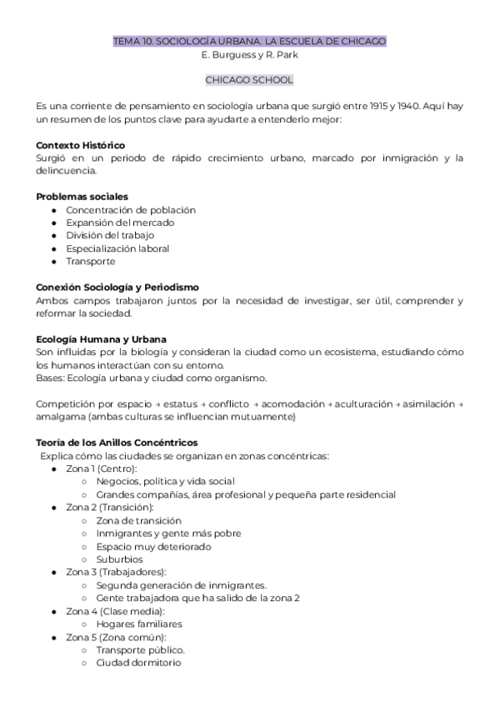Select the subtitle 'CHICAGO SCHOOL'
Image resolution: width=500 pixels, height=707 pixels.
click(249, 81)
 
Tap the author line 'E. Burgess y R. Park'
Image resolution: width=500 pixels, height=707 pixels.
click(249, 54)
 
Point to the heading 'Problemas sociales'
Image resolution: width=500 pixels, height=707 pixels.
click(82, 197)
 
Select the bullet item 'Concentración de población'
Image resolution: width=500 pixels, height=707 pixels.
click(131, 210)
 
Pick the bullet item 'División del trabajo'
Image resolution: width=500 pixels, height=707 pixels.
click(110, 236)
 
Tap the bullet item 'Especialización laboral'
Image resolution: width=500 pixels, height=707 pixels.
click(117, 248)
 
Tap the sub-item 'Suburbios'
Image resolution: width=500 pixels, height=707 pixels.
click(119, 559)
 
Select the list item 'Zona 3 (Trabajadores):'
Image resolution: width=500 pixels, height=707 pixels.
click(116, 572)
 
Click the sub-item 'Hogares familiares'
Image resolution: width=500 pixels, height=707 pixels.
click(139, 624)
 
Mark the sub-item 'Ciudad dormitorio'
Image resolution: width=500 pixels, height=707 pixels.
click(137, 663)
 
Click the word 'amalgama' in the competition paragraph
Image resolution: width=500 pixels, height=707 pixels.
click(61, 416)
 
